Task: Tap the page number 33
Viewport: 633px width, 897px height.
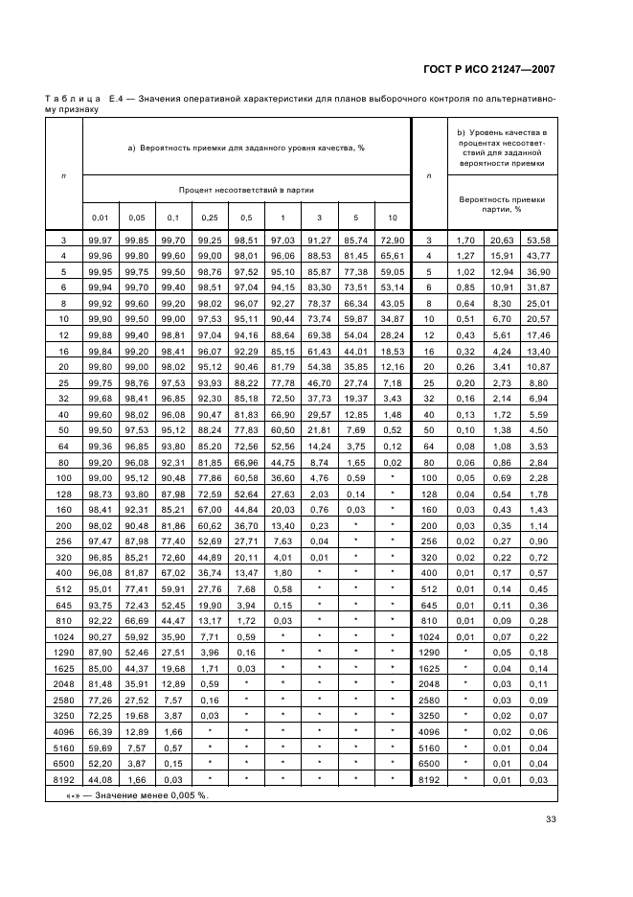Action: [x=551, y=818]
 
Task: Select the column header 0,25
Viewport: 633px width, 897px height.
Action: [x=209, y=218]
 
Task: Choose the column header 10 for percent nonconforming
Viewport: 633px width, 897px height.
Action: [x=392, y=218]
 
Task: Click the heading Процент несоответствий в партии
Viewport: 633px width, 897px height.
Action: [x=246, y=190]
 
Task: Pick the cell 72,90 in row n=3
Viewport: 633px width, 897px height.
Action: [x=392, y=240]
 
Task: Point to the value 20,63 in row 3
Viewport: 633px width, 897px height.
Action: [x=502, y=240]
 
